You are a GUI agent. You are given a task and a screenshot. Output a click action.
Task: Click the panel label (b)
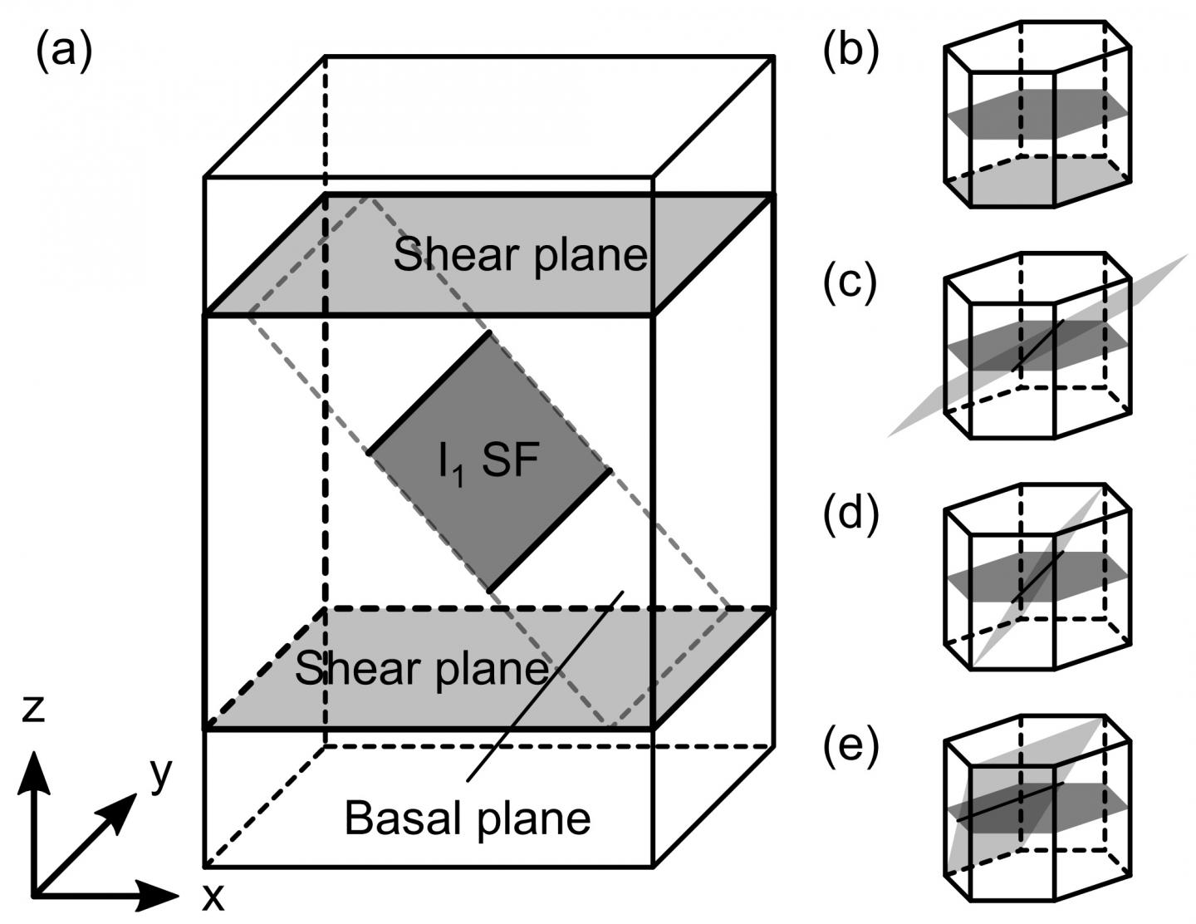tap(850, 52)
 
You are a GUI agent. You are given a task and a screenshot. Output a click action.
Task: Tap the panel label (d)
tap(850, 514)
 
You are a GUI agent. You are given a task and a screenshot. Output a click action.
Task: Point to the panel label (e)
tap(850, 745)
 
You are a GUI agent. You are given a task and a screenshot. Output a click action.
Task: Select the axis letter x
tap(213, 896)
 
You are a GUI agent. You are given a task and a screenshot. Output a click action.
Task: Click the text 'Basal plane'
tap(468, 818)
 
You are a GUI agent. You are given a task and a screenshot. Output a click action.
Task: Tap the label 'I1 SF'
tap(489, 462)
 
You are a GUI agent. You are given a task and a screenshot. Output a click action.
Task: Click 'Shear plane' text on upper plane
tap(520, 254)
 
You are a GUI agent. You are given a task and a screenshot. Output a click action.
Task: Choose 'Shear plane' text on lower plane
tap(422, 667)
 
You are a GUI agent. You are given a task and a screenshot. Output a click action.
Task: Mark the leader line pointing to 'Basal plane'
tap(544, 686)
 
